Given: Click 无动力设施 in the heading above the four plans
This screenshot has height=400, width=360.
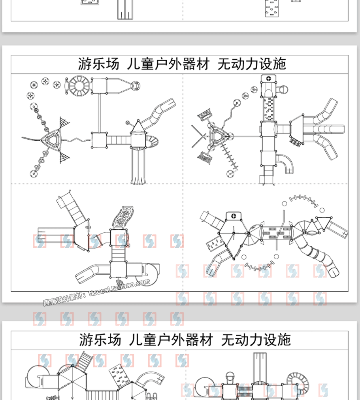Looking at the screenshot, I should pyautogui.click(x=252, y=64).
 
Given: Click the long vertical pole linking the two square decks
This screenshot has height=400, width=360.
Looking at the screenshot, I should pyautogui.click(x=99, y=113).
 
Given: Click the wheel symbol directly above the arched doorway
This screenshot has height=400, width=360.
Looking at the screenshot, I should pyautogui.click(x=269, y=78).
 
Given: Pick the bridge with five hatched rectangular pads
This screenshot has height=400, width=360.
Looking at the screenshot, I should pyautogui.click(x=276, y=233).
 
